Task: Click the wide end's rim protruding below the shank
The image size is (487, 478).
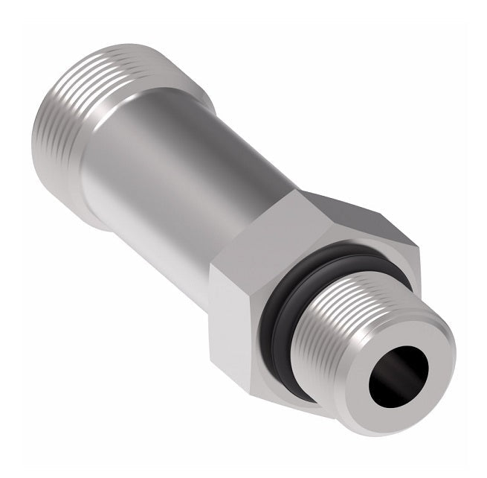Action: click(97, 216)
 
